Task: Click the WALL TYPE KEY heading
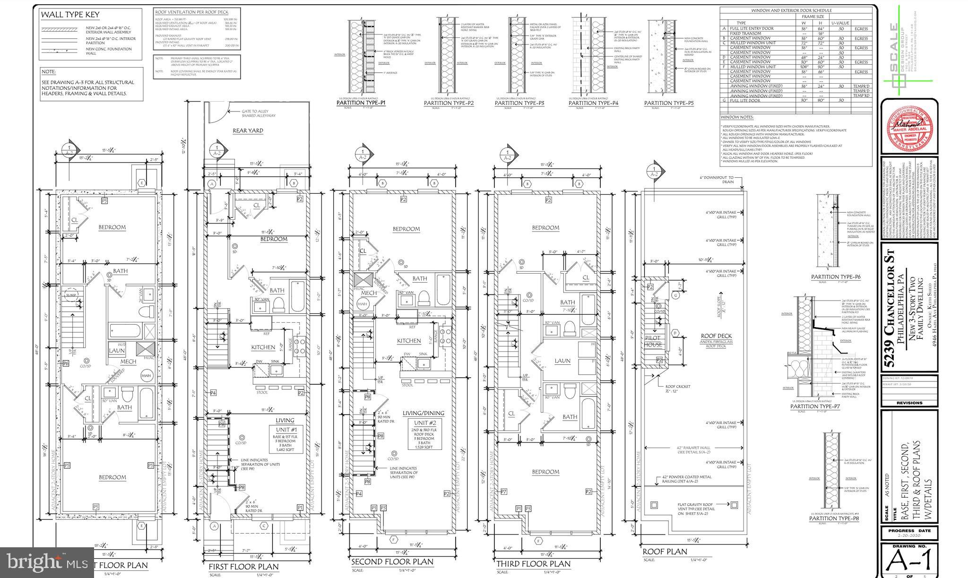point(70,15)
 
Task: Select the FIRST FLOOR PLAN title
point(244,566)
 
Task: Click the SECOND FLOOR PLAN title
point(392,561)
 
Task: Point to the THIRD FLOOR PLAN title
point(533,563)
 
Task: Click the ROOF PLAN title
point(664,552)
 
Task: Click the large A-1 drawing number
point(910,561)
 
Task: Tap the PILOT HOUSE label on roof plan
point(653,341)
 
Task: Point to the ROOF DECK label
point(716,336)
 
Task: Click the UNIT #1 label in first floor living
point(285,429)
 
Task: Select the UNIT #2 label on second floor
point(423,423)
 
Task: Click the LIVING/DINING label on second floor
point(423,413)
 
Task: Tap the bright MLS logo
point(47,562)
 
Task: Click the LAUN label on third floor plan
point(562,361)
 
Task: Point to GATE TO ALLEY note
point(258,113)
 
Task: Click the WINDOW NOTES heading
point(737,117)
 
